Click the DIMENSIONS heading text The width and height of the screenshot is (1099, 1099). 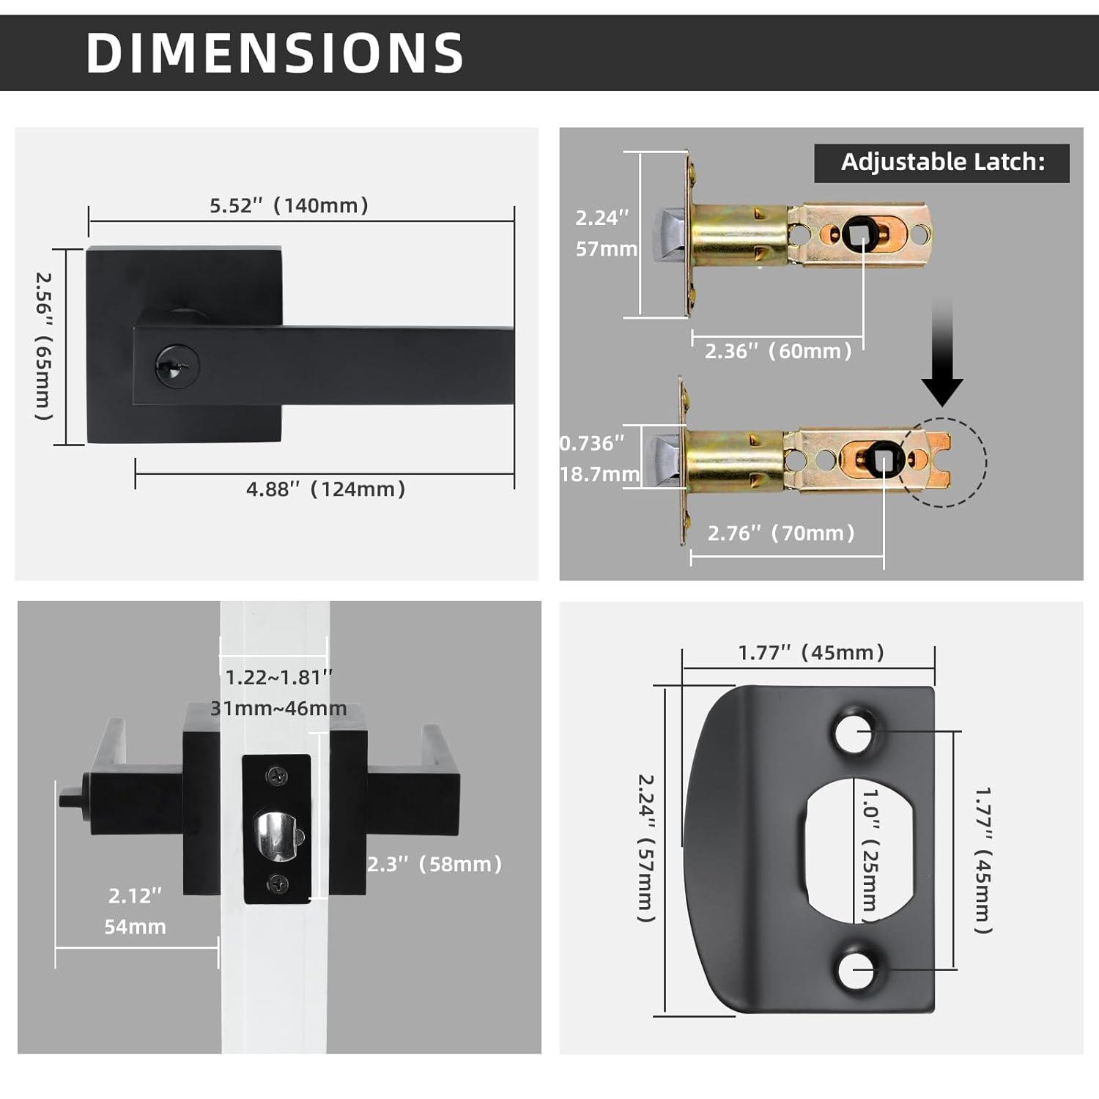tap(275, 53)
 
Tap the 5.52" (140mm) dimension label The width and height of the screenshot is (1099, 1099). tap(289, 206)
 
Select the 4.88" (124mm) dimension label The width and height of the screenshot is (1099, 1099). tap(325, 489)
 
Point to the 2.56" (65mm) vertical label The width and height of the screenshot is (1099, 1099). tap(45, 346)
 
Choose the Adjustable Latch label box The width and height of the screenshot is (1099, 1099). tap(941, 163)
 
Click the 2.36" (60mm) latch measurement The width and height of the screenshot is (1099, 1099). tap(778, 351)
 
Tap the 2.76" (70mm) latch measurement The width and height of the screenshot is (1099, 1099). tap(781, 533)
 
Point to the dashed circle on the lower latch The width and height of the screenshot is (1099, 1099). tap(943, 462)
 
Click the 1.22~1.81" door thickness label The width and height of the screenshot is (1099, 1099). tap(278, 678)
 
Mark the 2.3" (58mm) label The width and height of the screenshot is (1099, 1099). tap(434, 865)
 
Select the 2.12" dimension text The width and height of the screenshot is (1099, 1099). tap(135, 895)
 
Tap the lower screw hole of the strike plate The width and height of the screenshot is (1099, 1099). tap(856, 970)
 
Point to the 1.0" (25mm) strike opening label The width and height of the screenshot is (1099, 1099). tap(870, 850)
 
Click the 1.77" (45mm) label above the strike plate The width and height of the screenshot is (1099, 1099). tap(811, 653)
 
